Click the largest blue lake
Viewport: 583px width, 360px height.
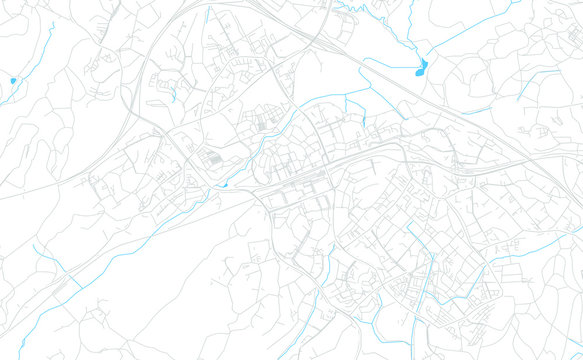421,68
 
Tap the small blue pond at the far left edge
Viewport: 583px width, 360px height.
13,80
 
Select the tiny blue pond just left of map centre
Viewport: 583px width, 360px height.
225,183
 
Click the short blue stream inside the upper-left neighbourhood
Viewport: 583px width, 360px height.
174,96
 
